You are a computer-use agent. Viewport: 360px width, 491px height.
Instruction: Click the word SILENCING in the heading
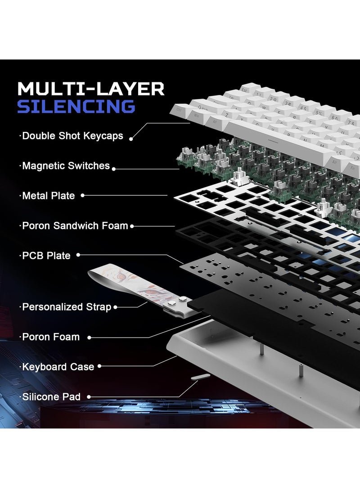point(76,107)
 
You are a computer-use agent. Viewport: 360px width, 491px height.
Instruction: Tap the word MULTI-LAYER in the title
point(90,89)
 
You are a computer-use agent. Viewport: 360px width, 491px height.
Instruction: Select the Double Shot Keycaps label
point(72,135)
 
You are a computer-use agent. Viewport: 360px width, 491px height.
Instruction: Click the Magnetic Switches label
point(66,166)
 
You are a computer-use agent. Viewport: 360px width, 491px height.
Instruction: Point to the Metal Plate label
point(48,196)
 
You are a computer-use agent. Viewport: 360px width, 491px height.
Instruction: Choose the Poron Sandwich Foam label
point(75,225)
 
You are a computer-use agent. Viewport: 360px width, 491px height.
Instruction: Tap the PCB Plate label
point(46,256)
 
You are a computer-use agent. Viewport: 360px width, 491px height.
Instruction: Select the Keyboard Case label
point(58,367)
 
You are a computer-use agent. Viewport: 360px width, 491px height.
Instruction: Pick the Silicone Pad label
point(51,396)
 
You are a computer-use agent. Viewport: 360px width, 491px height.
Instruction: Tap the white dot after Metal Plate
point(83,196)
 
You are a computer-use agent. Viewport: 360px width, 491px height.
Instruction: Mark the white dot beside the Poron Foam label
point(90,337)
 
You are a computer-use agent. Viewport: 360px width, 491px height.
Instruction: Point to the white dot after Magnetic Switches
point(114,168)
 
